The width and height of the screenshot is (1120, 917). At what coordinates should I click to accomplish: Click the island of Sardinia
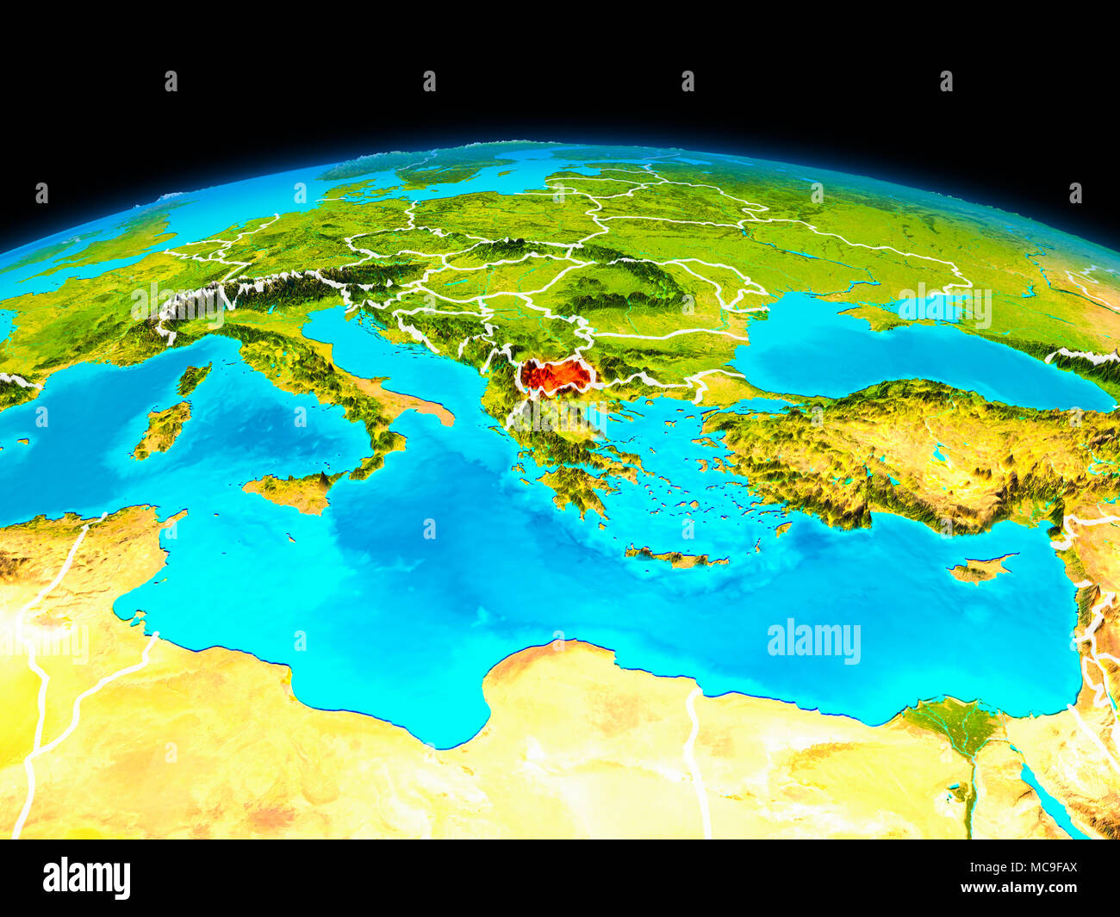(x=164, y=429)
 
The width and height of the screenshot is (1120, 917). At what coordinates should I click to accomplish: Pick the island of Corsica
(x=194, y=378)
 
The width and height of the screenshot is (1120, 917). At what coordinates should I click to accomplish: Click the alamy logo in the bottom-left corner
(x=86, y=878)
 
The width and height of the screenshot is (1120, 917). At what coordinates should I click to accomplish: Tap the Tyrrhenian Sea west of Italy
(x=284, y=422)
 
